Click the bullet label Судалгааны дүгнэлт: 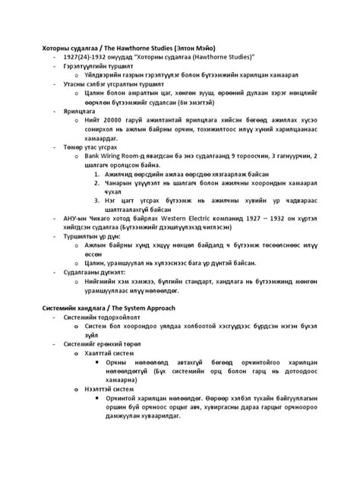click(x=93, y=271)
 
